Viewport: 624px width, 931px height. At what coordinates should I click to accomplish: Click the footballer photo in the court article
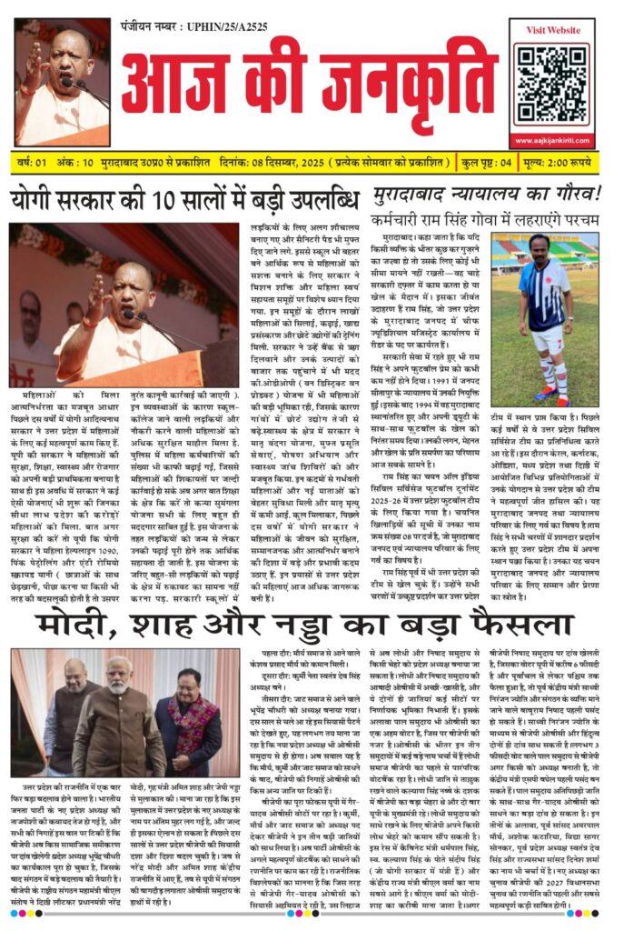point(547,318)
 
